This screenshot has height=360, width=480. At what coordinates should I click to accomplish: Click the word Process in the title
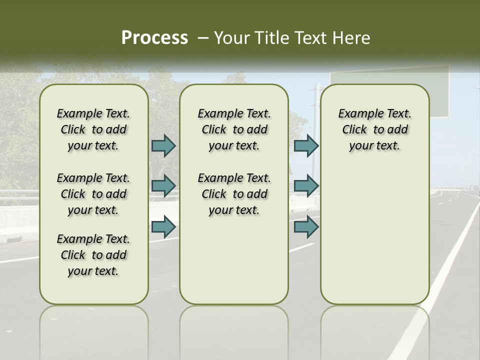[154, 38]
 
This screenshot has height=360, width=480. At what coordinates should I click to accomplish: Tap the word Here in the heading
[350, 38]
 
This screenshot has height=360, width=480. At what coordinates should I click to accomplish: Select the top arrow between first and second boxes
[163, 145]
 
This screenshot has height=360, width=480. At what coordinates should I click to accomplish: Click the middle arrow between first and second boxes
[163, 185]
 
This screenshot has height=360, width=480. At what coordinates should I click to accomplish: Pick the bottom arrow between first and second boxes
[163, 226]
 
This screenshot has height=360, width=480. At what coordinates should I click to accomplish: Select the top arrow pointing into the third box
[306, 145]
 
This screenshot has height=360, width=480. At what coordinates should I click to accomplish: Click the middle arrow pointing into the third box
[306, 185]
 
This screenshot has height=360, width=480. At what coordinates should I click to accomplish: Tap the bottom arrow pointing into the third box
[306, 226]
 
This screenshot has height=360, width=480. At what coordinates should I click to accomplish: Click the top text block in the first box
[93, 129]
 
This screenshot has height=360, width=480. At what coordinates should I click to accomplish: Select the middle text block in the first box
[93, 194]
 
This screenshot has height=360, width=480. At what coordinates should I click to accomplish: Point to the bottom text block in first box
[93, 255]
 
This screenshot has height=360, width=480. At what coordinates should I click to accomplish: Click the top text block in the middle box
[234, 129]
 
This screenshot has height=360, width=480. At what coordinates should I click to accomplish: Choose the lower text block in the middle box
[234, 194]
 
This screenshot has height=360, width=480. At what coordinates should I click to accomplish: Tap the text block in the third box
[375, 129]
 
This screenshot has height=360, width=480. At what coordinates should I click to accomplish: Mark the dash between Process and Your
[203, 38]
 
